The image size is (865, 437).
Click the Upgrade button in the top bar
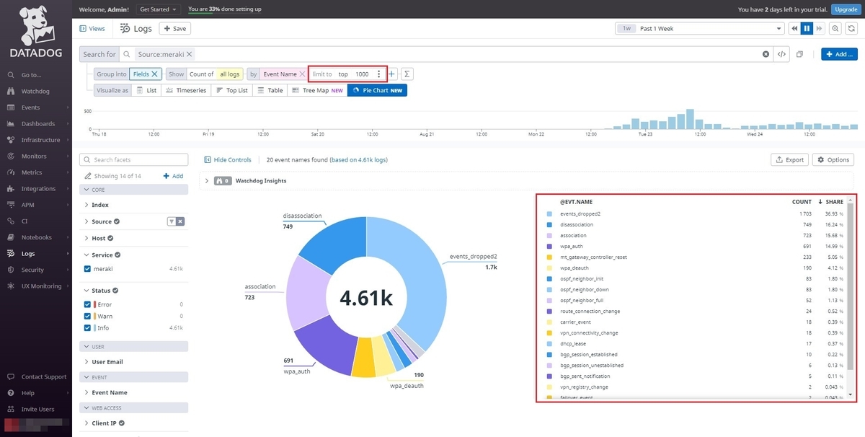[x=845, y=9]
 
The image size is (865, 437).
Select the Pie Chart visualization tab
[x=377, y=90]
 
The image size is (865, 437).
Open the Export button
[x=789, y=159]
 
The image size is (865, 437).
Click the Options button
[x=833, y=159]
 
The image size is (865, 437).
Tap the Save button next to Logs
[x=174, y=28]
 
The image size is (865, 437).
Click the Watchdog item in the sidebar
[x=35, y=92]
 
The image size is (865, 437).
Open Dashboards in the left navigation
[x=37, y=124]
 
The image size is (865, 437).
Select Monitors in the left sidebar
[x=34, y=156]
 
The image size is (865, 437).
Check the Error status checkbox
[x=88, y=304]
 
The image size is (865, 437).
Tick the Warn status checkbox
[x=88, y=316]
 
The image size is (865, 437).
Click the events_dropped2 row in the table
[x=580, y=213]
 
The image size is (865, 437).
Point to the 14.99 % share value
[x=833, y=246]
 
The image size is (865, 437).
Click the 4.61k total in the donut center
[x=366, y=297]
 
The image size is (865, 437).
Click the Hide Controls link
[x=228, y=159]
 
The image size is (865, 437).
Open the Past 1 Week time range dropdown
[x=699, y=28]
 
